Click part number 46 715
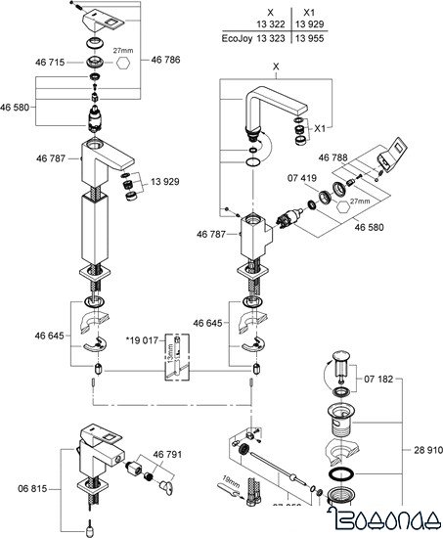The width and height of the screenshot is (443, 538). (52, 62)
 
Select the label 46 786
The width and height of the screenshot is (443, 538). (166, 62)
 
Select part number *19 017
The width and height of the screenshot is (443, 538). (142, 341)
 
